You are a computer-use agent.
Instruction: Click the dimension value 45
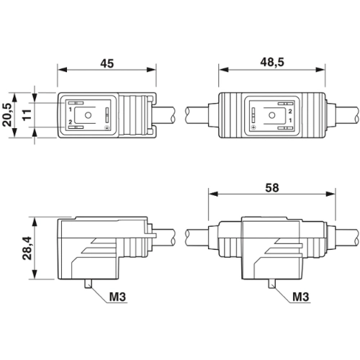[107, 63]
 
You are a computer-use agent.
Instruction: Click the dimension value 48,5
[272, 63]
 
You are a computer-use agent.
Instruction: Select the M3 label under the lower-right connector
[303, 297]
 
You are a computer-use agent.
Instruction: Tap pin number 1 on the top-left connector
[71, 109]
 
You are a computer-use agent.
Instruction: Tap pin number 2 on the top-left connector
[71, 122]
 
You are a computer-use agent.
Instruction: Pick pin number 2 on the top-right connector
[289, 110]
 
